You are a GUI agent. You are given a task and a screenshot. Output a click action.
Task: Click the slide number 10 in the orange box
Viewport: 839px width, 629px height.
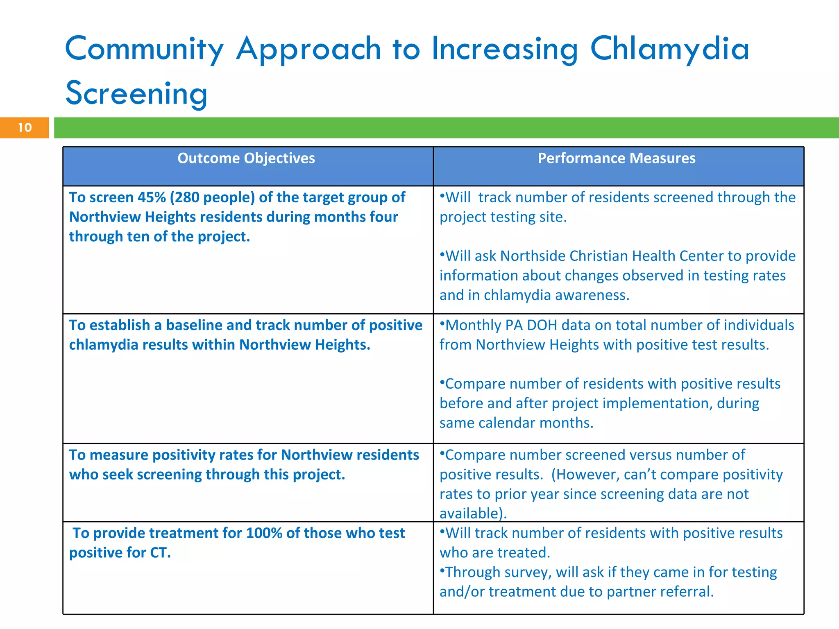pyautogui.click(x=25, y=127)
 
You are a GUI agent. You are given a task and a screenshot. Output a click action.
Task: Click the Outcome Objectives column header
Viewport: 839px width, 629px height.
pyautogui.click(x=246, y=158)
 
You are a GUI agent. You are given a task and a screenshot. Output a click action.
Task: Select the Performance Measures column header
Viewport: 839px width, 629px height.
pyautogui.click(x=617, y=158)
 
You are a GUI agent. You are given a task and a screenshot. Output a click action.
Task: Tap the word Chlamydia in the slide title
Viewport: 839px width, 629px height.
pyautogui.click(x=669, y=49)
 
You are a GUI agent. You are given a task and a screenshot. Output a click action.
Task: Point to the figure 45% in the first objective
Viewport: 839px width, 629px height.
pyautogui.click(x=152, y=197)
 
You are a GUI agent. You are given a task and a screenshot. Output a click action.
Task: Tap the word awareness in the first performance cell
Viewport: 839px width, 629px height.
pyautogui.click(x=592, y=295)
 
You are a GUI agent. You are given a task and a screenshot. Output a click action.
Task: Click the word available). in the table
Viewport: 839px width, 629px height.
pyautogui.click(x=473, y=513)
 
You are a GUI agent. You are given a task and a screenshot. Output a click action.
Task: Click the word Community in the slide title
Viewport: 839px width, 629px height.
pyautogui.click(x=144, y=49)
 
